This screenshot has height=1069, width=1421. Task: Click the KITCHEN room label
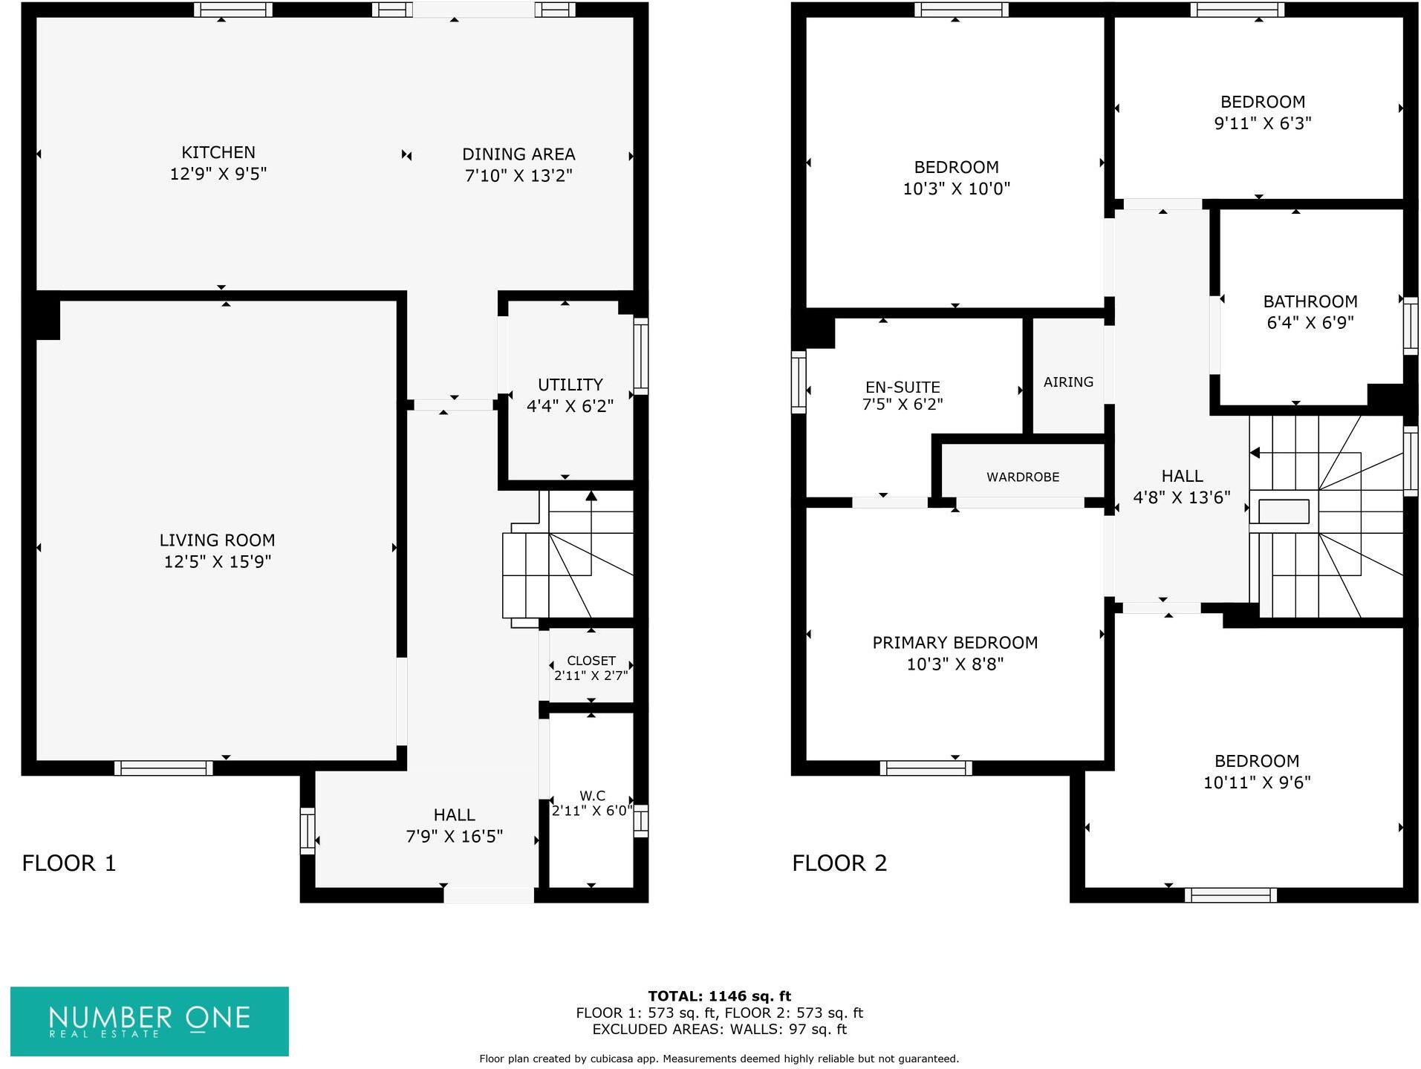pos(218,152)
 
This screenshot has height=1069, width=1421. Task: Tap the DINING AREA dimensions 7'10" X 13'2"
pos(518,176)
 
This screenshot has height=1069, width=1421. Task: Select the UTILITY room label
pos(570,385)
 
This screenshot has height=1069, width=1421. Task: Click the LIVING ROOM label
pos(217,540)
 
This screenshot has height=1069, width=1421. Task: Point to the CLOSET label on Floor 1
pos(591,661)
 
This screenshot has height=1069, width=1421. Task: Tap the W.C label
pos(591,795)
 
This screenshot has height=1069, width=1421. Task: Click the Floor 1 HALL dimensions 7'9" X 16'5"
pos(454,837)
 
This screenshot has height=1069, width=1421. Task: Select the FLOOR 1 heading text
pos(69,863)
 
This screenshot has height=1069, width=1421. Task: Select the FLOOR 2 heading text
pos(839,863)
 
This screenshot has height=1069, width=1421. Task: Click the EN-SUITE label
pos(902,387)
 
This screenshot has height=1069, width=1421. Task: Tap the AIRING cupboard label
pos(1067,382)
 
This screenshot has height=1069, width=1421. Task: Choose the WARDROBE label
pos(1022,477)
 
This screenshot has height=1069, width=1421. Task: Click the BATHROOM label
pos(1310,301)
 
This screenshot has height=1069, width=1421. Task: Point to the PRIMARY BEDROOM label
pos(955,643)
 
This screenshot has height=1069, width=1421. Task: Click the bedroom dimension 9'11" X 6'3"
pos(1262,123)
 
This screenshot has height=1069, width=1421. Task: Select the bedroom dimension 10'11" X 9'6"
pos(1256,782)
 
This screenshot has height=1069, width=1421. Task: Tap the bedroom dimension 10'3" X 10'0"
pos(956,189)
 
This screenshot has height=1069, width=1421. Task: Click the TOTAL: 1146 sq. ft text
pos(718,996)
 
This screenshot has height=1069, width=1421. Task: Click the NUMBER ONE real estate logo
pos(149,1021)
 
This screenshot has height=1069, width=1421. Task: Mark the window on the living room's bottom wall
pos(163,768)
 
